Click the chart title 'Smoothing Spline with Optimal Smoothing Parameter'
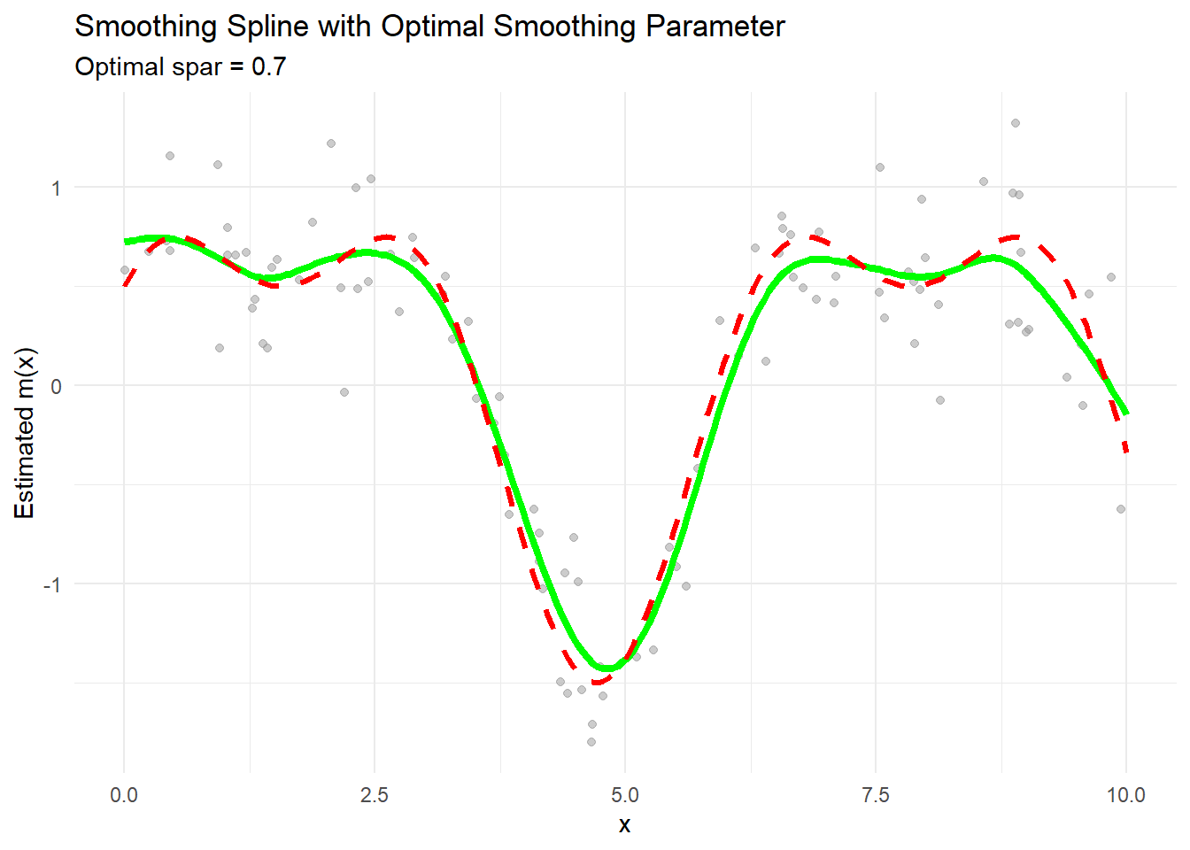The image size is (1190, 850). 429,27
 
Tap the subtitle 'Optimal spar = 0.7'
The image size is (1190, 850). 181,67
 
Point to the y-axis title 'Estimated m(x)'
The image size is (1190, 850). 25,433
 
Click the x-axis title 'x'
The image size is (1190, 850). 625,825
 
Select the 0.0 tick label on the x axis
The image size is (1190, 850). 124,794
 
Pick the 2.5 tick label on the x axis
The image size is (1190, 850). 375,794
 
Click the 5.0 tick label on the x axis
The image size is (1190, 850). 625,794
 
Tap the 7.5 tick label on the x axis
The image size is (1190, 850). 876,794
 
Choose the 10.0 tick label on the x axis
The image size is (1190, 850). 1125,794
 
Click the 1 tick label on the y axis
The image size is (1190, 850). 56,188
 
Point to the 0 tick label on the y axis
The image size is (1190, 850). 56,386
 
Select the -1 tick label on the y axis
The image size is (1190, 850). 52,584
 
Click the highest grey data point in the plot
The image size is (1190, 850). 1016,123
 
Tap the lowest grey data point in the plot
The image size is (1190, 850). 591,742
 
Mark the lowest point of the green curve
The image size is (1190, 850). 610,668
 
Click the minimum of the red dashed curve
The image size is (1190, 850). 599,681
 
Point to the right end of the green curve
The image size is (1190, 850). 1126,413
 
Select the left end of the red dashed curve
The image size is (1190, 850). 125,284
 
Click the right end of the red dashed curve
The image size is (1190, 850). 1126,452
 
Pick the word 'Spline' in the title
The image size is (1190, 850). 267,27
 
